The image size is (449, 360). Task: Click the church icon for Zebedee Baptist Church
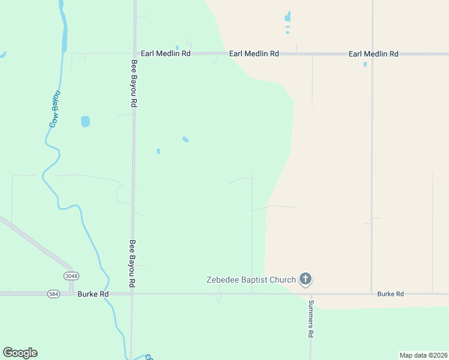[x=306, y=279]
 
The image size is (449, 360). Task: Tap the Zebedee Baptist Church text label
[x=251, y=280]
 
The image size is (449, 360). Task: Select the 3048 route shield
[x=71, y=275]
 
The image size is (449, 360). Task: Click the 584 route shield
[x=54, y=294]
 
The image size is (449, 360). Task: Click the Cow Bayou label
[x=55, y=109]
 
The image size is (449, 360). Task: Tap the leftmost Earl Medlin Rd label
[x=165, y=54]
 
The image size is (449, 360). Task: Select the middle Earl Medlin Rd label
[x=254, y=54]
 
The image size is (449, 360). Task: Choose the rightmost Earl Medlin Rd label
[x=373, y=54]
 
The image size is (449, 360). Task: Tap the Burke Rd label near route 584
[x=93, y=294]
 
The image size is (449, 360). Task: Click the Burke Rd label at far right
[x=390, y=294]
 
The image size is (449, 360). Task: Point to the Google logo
[x=20, y=353]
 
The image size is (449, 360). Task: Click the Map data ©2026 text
[x=423, y=355]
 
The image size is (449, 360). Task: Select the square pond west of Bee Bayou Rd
[x=85, y=121]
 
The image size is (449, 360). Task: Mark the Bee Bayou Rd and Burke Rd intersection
[x=132, y=294]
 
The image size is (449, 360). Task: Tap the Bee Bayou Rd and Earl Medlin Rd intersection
[x=134, y=53]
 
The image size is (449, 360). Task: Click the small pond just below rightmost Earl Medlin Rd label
[x=365, y=64]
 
